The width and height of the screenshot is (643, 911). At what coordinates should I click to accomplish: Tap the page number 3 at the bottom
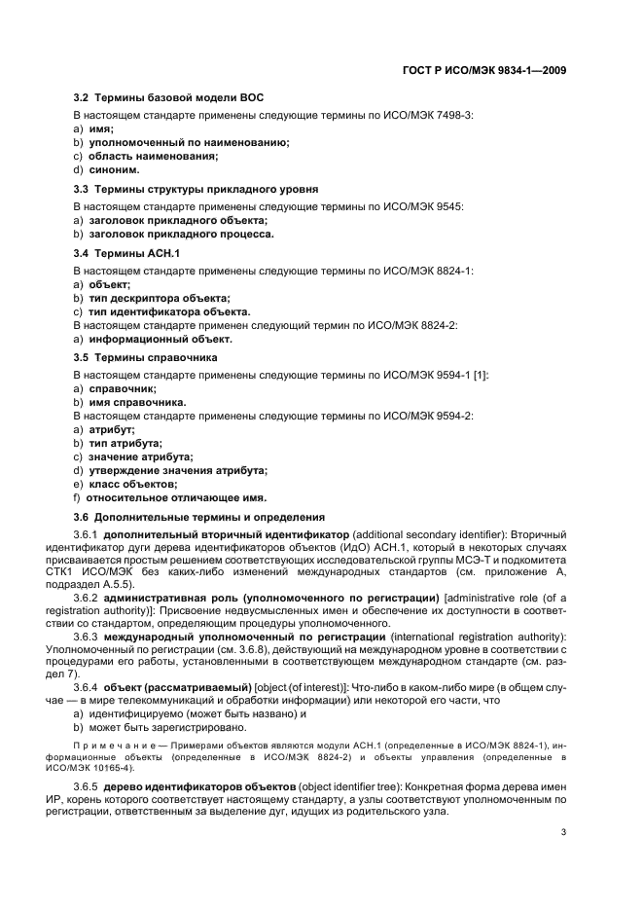pos(564,832)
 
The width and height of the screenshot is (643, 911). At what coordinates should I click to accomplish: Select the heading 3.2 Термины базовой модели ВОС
pos(168,98)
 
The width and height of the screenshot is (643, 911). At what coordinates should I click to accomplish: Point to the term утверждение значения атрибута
pos(178,469)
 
